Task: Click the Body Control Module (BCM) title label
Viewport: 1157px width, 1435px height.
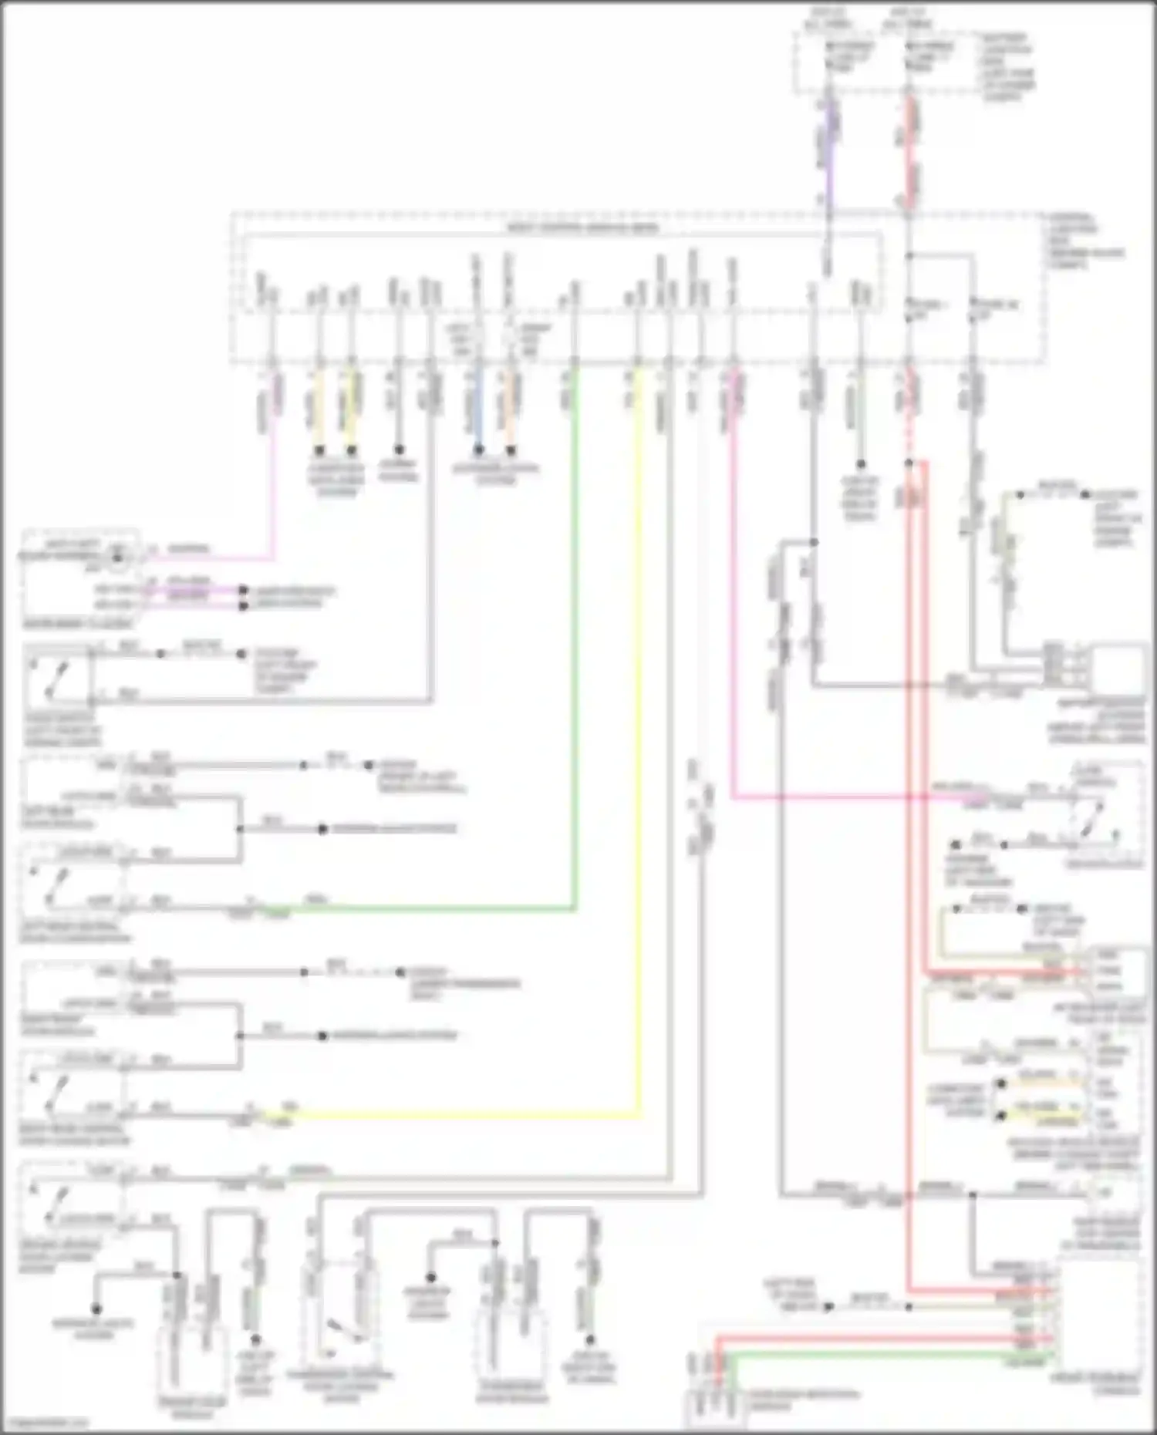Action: click(582, 228)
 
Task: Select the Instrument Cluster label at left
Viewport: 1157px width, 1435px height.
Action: click(77, 623)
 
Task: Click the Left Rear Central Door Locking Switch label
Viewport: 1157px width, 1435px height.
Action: click(76, 931)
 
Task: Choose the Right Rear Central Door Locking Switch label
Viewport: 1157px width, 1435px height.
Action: click(76, 1135)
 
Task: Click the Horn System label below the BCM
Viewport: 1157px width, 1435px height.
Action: click(398, 471)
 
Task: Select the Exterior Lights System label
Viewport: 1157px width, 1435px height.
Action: click(495, 473)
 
